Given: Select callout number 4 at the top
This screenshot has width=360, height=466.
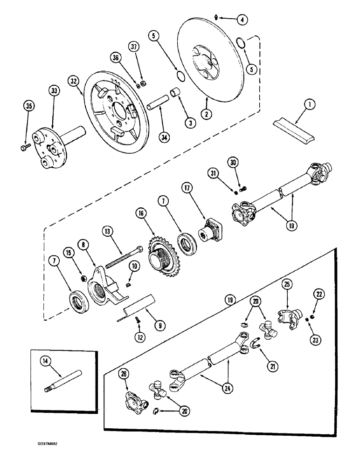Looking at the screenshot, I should [x=242, y=20].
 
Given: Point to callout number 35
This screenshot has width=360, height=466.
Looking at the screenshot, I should [x=29, y=106].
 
